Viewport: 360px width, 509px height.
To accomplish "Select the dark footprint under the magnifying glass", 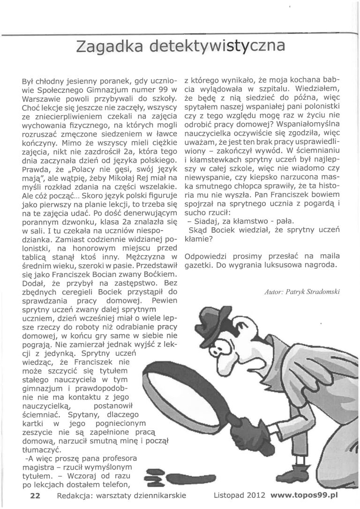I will (x=187, y=479).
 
